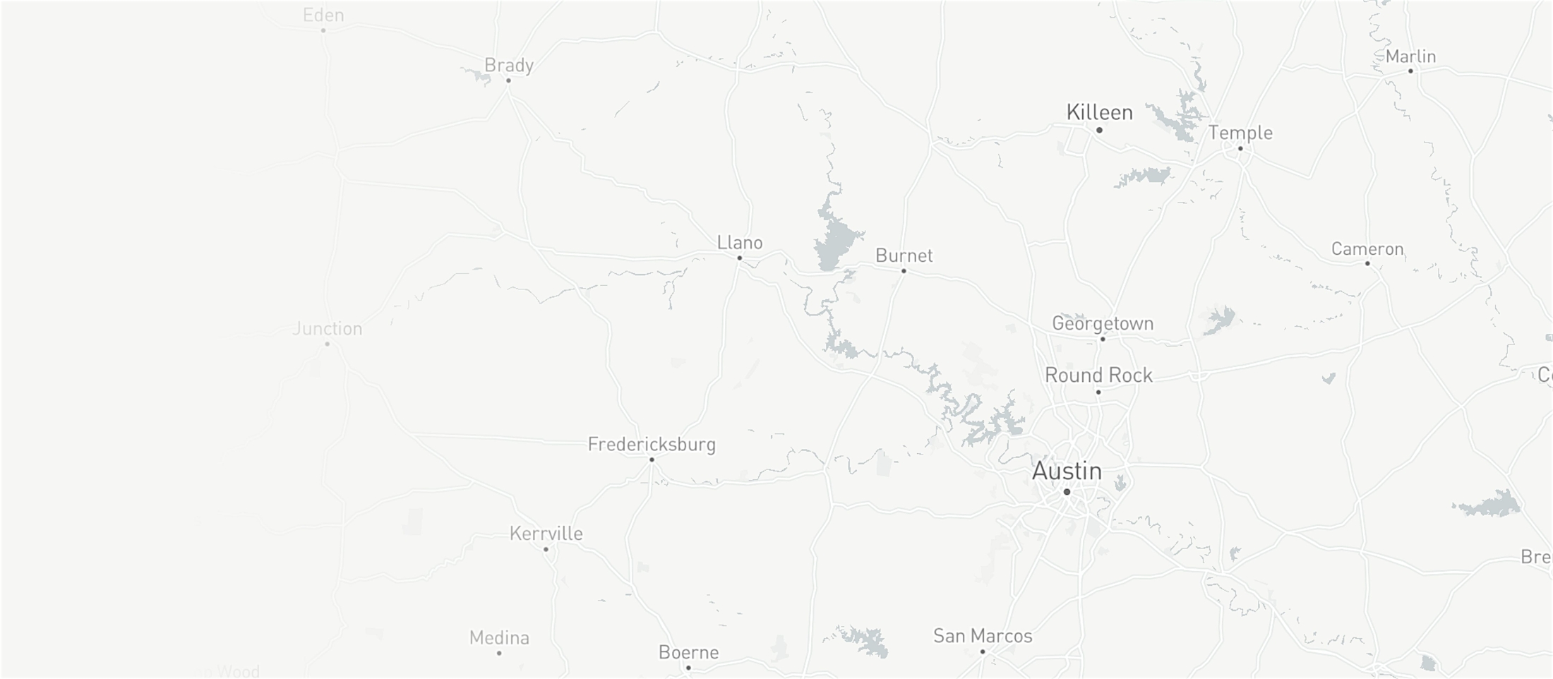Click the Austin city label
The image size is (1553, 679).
[1067, 471]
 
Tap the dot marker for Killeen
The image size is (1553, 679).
[1099, 130]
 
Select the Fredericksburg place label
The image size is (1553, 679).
[652, 444]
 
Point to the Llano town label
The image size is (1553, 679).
[740, 243]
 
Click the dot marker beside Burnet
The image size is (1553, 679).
[904, 271]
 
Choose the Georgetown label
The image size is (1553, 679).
[1103, 323]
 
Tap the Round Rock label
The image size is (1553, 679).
[1098, 375]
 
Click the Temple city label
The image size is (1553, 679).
[1240, 133]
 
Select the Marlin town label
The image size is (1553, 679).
[1410, 56]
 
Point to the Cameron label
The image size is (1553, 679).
[1367, 249]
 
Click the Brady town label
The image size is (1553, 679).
[508, 65]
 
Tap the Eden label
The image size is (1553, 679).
[323, 15]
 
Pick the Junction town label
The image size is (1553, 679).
[328, 328]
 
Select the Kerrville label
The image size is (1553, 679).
[546, 534]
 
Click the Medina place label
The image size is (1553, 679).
[499, 638]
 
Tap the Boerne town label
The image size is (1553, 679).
[688, 652]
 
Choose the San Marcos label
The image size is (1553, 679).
[983, 636]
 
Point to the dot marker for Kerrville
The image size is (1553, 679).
[546, 549]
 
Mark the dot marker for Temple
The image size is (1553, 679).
[1240, 148]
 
